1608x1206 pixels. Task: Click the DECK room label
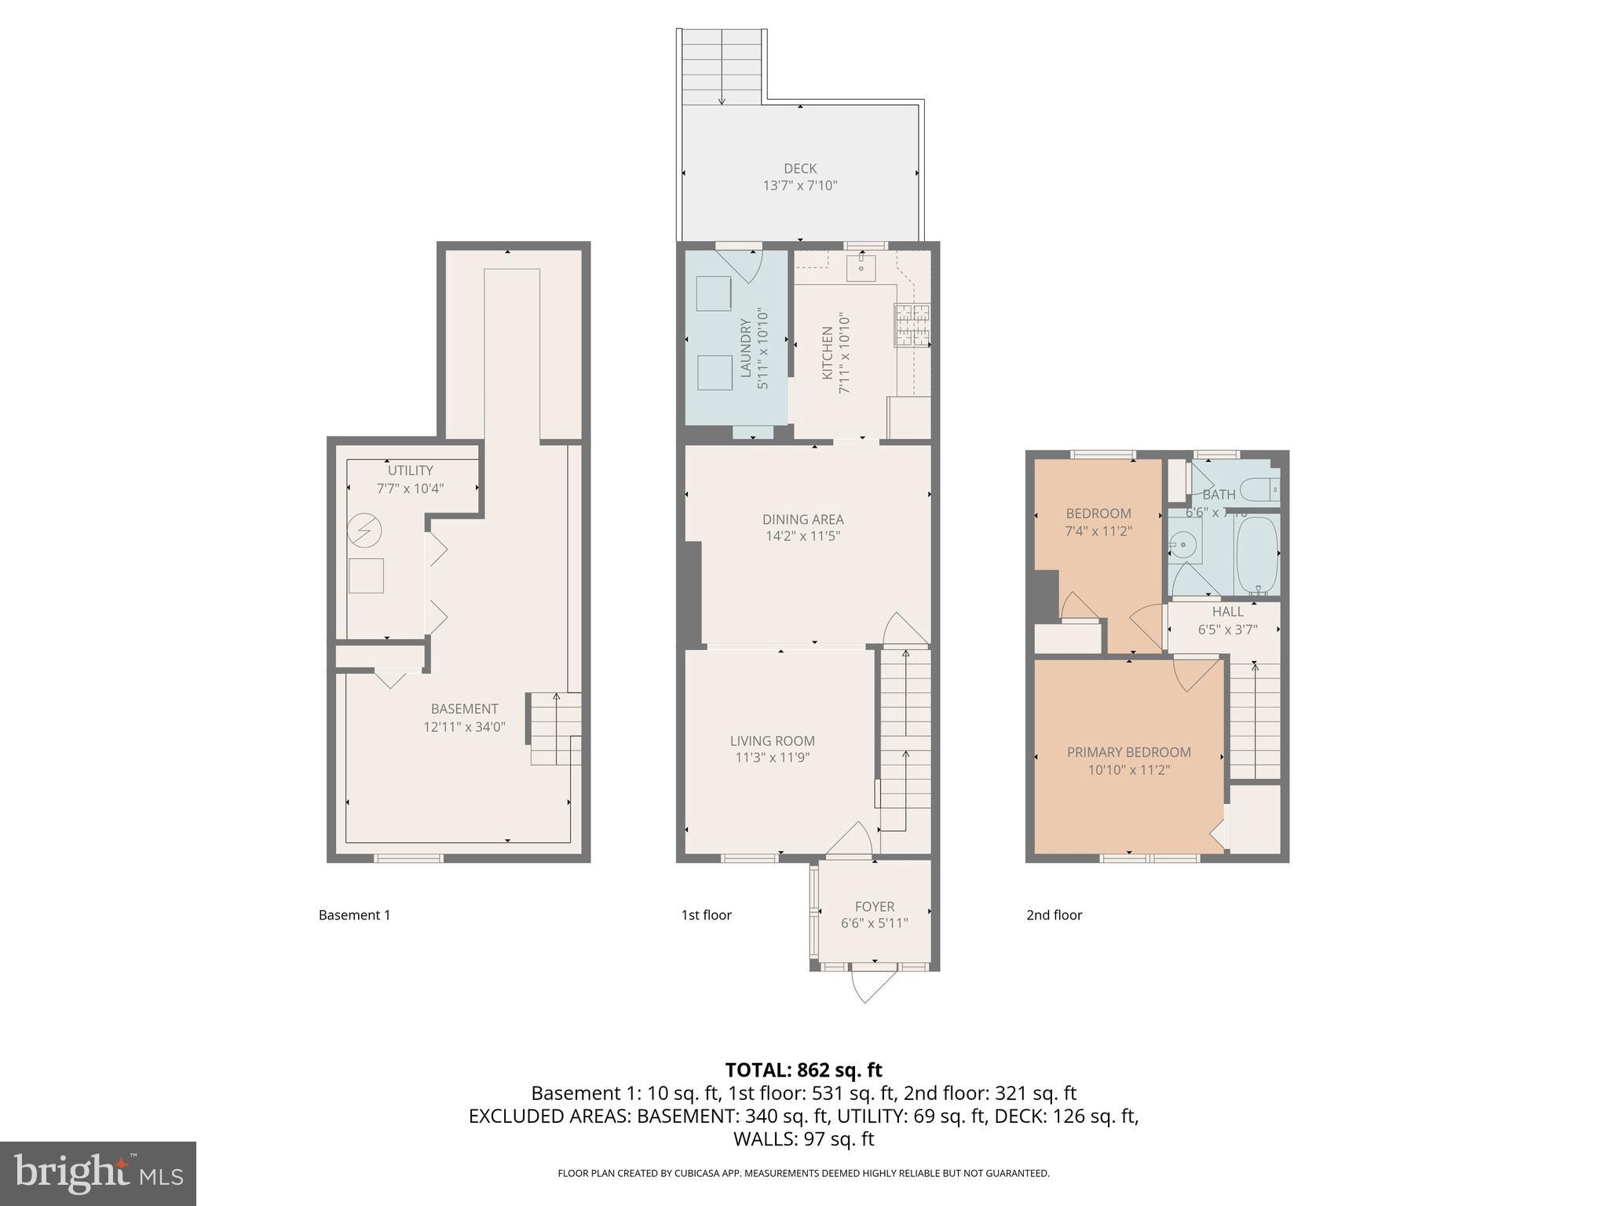pos(800,168)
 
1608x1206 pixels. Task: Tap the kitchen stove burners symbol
pos(912,324)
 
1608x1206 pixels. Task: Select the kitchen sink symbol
pos(861,266)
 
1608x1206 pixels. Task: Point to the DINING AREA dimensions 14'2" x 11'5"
pos(802,536)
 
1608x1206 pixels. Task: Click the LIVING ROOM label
pos(772,740)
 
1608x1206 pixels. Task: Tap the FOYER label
pos(874,906)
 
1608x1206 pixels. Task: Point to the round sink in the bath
pos(1182,543)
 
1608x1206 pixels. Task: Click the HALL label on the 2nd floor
pos(1227,612)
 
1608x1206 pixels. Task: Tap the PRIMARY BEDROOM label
pos(1128,752)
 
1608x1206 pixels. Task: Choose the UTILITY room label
pos(410,470)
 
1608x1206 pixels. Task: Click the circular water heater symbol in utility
pos(364,531)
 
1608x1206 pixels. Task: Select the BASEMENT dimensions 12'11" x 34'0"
pos(464,727)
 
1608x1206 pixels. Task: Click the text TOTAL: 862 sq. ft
pos(803,1070)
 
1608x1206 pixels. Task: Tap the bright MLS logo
pos(98,1174)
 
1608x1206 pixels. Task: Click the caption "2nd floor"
pos(1054,915)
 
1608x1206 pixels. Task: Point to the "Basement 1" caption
pos(354,915)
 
